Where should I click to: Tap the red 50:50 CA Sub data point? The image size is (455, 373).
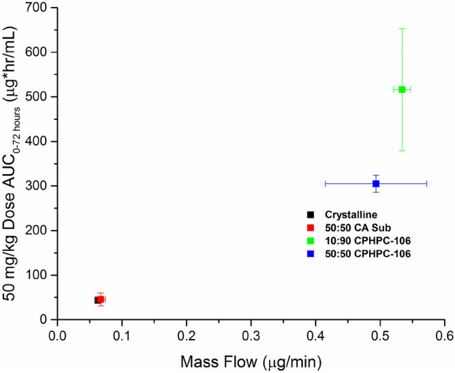(101, 299)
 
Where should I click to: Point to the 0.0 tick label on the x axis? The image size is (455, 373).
(58, 335)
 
